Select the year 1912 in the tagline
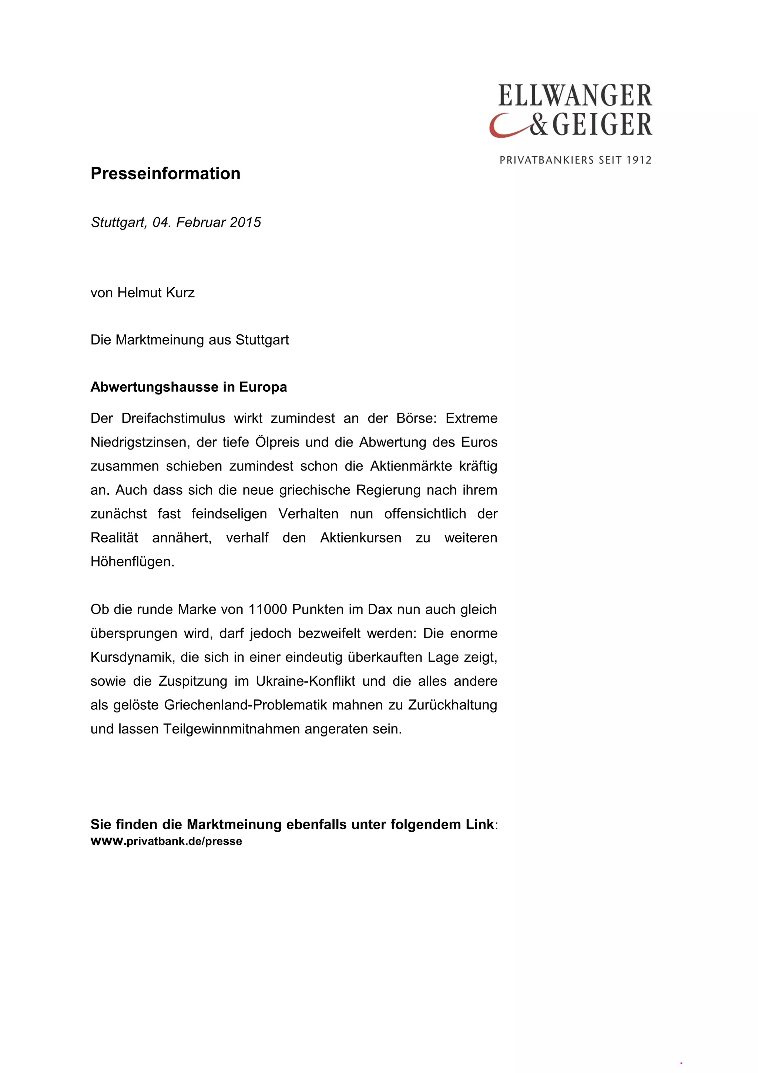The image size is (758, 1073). (x=638, y=160)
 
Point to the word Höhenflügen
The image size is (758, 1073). (x=132, y=561)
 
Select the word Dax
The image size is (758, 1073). (x=380, y=609)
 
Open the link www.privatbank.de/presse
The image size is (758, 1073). (x=166, y=842)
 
